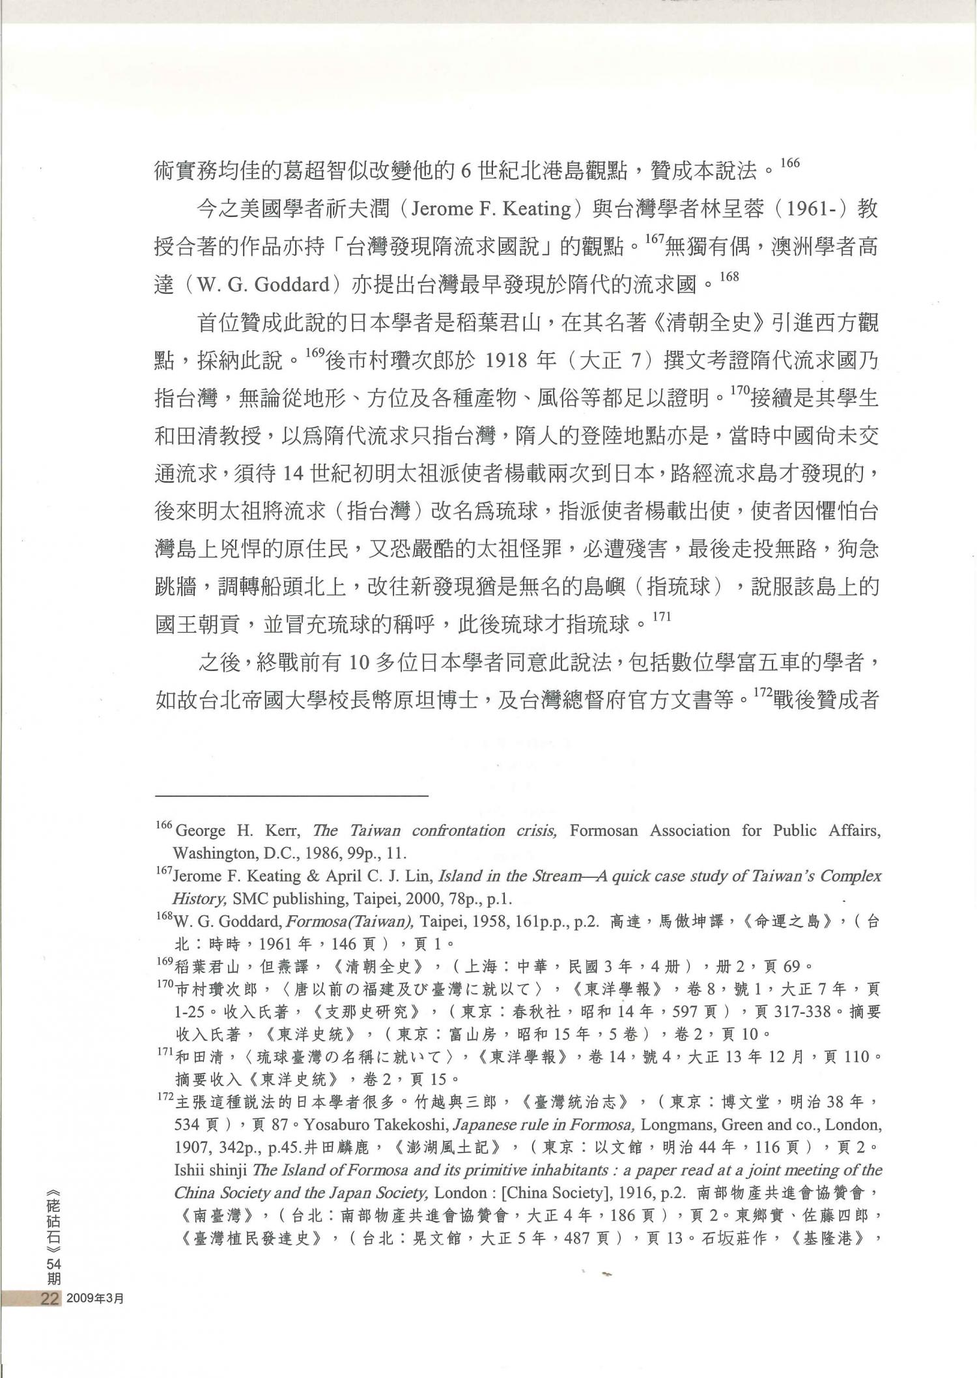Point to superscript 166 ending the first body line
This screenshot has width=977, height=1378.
coord(789,163)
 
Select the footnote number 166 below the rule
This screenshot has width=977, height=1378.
coord(163,825)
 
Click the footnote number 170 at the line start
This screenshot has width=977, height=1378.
coord(165,984)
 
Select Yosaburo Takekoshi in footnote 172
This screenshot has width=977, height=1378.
coord(374,1125)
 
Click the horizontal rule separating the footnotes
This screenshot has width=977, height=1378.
coord(291,796)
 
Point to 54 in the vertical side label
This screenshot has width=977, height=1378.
coord(52,1263)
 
